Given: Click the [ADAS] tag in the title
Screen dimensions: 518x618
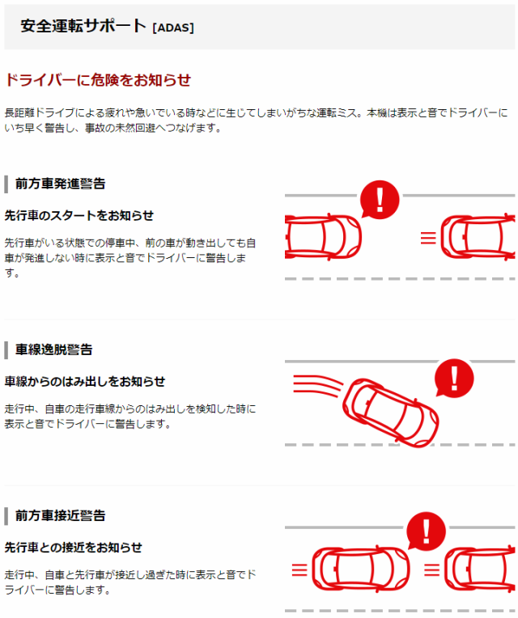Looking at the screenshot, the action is click(x=173, y=28).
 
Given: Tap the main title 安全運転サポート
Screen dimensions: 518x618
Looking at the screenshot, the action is click(x=83, y=26).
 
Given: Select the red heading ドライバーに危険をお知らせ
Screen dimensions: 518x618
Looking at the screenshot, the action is click(x=98, y=80).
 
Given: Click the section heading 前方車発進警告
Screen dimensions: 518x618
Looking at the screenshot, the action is click(x=61, y=184).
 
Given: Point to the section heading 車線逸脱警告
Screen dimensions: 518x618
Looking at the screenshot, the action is click(x=54, y=349).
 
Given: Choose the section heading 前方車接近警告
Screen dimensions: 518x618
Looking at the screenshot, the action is click(x=61, y=515).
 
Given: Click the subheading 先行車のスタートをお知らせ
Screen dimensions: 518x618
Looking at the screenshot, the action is click(x=79, y=216).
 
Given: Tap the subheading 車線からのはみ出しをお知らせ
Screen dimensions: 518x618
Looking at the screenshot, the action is click(x=85, y=382).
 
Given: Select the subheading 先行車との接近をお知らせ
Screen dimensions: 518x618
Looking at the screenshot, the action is click(x=74, y=548).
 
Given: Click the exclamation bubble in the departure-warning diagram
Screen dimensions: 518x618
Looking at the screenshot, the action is click(x=380, y=200).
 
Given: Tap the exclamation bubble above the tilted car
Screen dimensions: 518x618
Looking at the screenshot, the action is click(x=454, y=378).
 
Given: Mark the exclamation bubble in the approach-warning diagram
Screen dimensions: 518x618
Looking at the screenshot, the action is click(x=427, y=531).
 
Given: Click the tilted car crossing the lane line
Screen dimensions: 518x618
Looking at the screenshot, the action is click(x=390, y=413).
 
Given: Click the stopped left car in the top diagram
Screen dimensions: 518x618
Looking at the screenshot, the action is click(x=323, y=237).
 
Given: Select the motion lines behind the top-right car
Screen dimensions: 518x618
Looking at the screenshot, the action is click(x=428, y=238).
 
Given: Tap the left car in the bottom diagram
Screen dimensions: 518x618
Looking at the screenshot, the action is click(x=361, y=569).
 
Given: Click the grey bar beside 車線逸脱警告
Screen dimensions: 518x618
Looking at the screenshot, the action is click(x=6, y=350).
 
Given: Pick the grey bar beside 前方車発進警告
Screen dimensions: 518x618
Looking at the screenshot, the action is click(x=6, y=184).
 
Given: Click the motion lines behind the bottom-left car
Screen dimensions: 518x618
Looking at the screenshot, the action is click(x=299, y=570).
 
